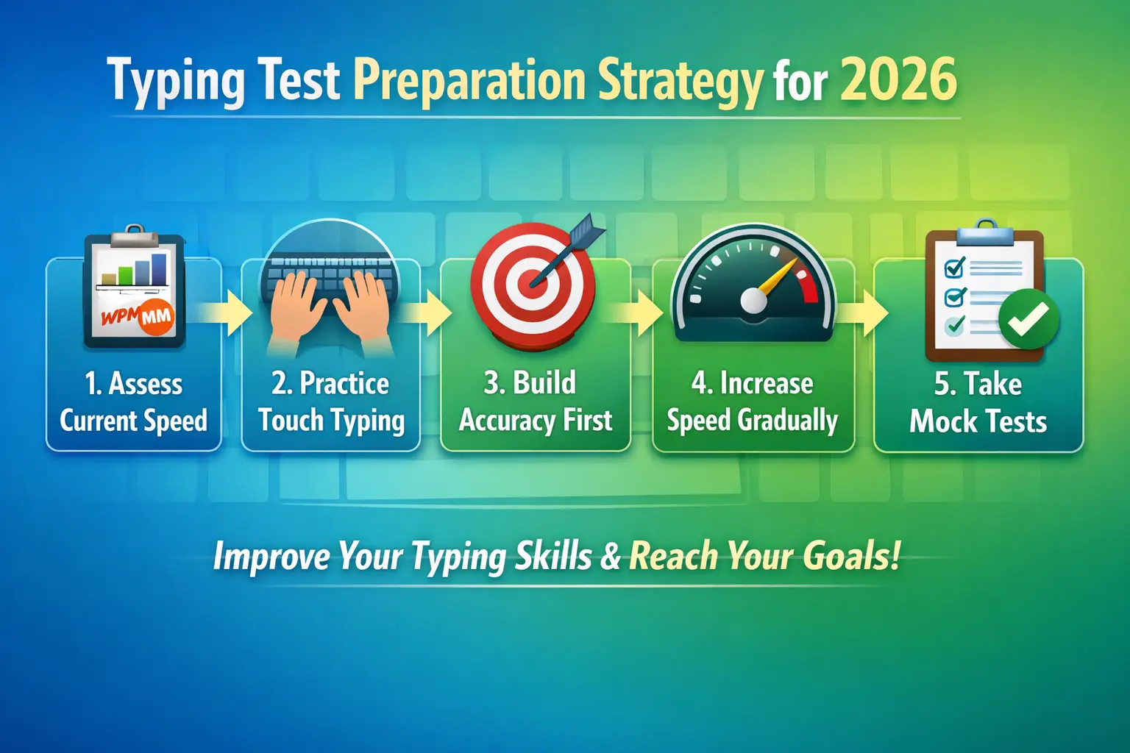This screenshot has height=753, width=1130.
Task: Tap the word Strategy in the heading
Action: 681,80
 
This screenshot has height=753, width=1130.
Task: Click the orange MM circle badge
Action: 155,318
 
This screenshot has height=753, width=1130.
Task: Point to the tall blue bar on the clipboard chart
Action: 159,269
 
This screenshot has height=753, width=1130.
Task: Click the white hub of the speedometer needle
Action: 754,301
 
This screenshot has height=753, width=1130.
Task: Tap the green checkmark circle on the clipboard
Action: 1028,318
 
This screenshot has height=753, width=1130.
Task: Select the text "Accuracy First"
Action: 535,421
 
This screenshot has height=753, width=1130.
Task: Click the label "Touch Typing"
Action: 331,421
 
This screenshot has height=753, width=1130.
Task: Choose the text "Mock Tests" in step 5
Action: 978,421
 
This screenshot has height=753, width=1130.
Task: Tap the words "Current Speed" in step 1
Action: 133,421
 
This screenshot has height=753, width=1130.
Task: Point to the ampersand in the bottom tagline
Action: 611,556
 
